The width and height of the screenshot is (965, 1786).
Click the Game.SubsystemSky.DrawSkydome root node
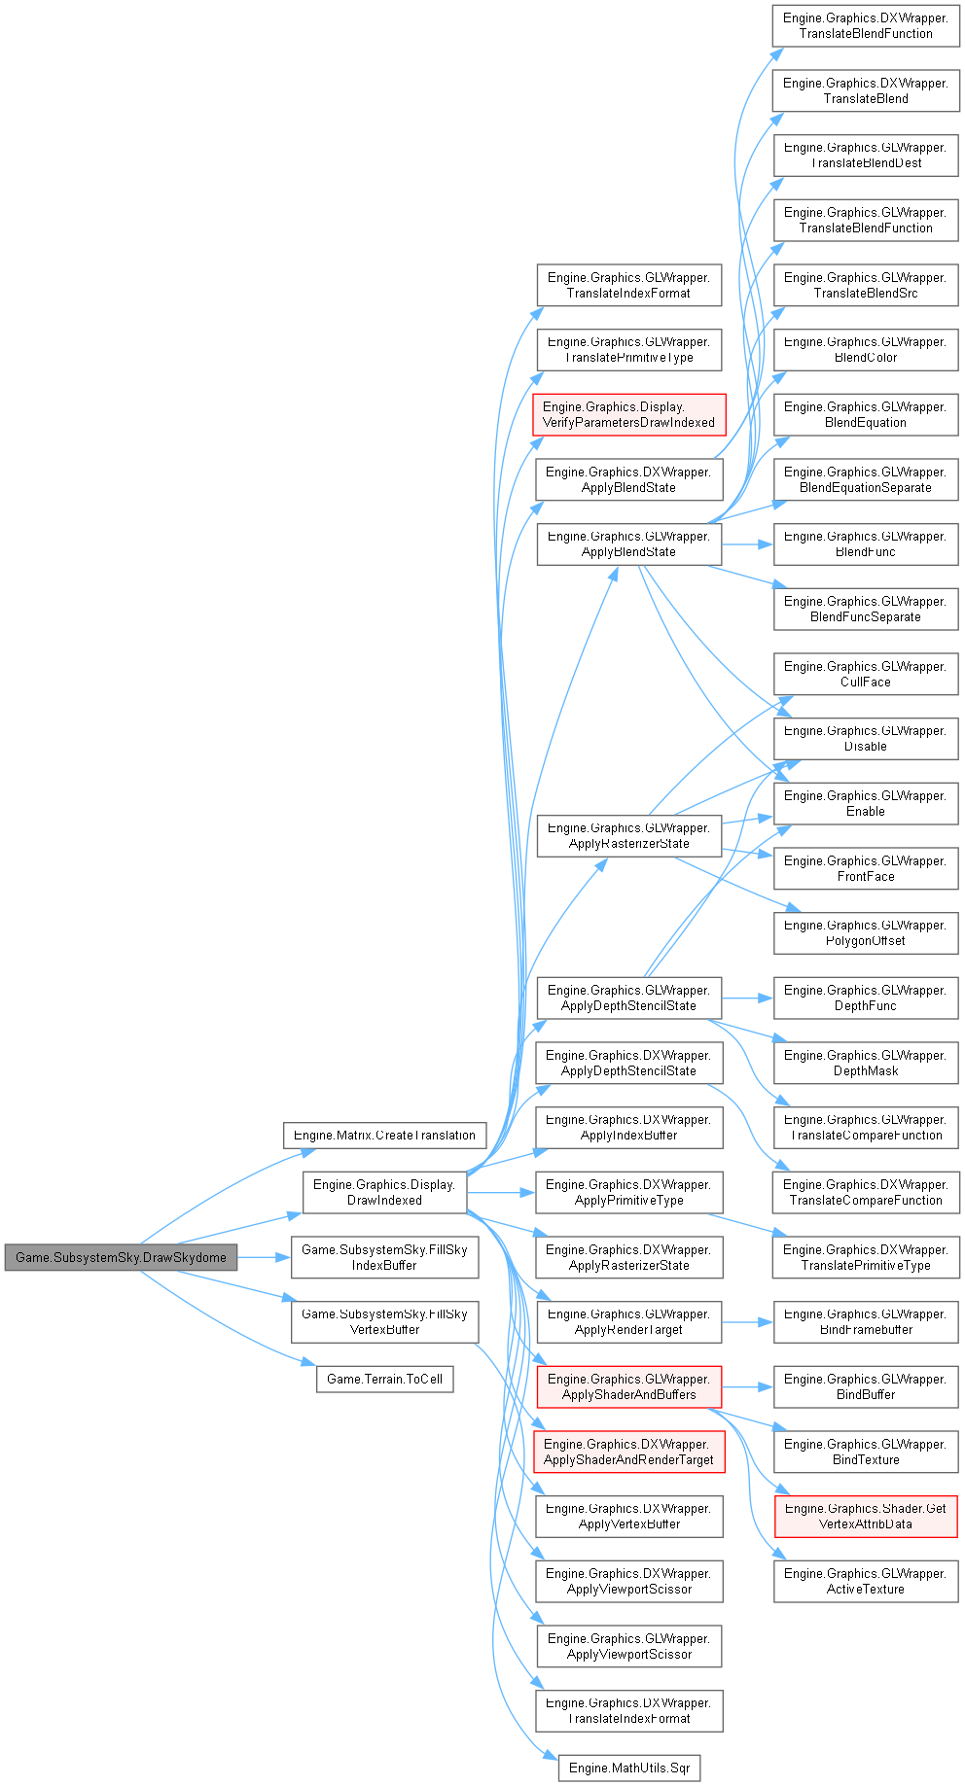(x=121, y=1257)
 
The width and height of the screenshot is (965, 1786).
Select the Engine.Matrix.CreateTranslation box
(x=384, y=1135)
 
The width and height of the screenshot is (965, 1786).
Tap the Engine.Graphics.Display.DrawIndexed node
(x=384, y=1192)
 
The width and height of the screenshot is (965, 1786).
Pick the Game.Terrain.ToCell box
(x=384, y=1379)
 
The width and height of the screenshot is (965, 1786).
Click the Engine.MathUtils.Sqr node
(x=628, y=1768)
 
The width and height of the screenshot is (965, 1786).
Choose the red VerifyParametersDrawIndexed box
(x=628, y=414)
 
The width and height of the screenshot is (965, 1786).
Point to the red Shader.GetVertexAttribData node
(x=865, y=1516)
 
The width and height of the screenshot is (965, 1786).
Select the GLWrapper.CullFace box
(x=865, y=674)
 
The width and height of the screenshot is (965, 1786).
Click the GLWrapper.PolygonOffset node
(x=865, y=932)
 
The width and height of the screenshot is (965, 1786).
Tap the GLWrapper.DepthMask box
(x=865, y=1063)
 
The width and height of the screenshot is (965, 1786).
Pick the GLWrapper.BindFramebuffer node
(x=865, y=1321)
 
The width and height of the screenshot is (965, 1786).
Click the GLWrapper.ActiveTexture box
(x=865, y=1581)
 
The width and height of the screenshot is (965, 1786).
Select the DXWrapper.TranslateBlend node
(x=865, y=90)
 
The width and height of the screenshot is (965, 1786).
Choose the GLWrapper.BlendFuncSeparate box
(x=865, y=609)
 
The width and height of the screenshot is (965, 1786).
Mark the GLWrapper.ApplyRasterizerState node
(x=628, y=835)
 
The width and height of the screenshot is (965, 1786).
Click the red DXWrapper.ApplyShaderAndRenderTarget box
(x=628, y=1452)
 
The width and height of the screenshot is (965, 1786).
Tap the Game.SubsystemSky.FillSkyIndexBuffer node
(x=384, y=1257)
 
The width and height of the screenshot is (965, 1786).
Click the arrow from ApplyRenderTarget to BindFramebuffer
(x=747, y=1322)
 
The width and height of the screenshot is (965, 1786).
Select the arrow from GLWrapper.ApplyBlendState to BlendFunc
(x=747, y=544)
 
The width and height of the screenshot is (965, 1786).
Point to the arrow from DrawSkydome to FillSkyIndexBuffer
(x=264, y=1257)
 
